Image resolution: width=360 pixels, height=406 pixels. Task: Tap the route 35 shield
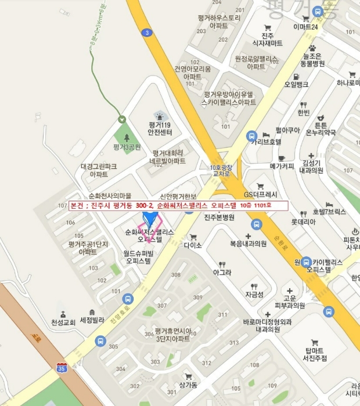pyautogui.click(x=62, y=368)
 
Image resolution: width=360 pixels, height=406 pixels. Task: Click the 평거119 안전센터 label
pyautogui.click(x=159, y=128)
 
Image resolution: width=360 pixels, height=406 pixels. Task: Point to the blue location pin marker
pyautogui.click(x=150, y=219)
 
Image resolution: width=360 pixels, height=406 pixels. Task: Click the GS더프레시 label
pyautogui.click(x=261, y=194)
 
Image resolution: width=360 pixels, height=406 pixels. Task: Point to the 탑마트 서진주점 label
pyautogui.click(x=314, y=355)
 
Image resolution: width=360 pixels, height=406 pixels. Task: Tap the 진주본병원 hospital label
pyautogui.click(x=219, y=217)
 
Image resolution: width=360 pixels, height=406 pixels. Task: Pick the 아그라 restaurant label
pyautogui.click(x=222, y=272)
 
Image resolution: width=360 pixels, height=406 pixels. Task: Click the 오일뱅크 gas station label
pyautogui.click(x=296, y=84)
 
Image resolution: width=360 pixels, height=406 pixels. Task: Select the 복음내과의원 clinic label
pyautogui.click(x=248, y=244)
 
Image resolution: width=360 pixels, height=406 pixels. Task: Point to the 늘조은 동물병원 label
pyautogui.click(x=312, y=60)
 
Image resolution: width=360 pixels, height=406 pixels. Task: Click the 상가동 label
pyautogui.click(x=189, y=385)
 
